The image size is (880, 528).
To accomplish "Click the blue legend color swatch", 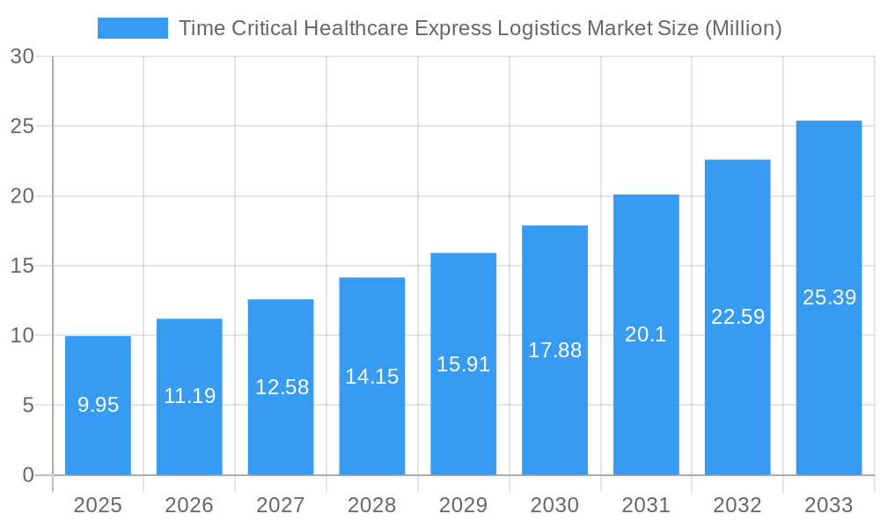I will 132,28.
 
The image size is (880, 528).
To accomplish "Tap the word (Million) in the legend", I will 744,28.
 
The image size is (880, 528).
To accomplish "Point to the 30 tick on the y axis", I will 22,56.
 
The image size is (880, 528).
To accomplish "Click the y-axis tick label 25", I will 22,126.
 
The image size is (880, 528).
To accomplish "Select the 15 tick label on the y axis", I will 22,266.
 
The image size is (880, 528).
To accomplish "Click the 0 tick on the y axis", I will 27,475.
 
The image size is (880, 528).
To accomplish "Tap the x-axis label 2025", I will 98,505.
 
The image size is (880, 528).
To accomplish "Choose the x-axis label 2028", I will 371,505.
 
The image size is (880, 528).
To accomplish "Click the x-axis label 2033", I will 828,505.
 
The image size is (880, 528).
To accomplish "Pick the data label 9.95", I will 98,405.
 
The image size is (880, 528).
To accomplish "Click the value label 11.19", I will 189,396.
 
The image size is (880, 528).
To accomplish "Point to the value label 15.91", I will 463,363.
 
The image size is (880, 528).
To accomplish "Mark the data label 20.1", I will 646,334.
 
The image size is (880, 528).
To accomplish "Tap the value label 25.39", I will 829,297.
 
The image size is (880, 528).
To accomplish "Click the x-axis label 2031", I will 646,505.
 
